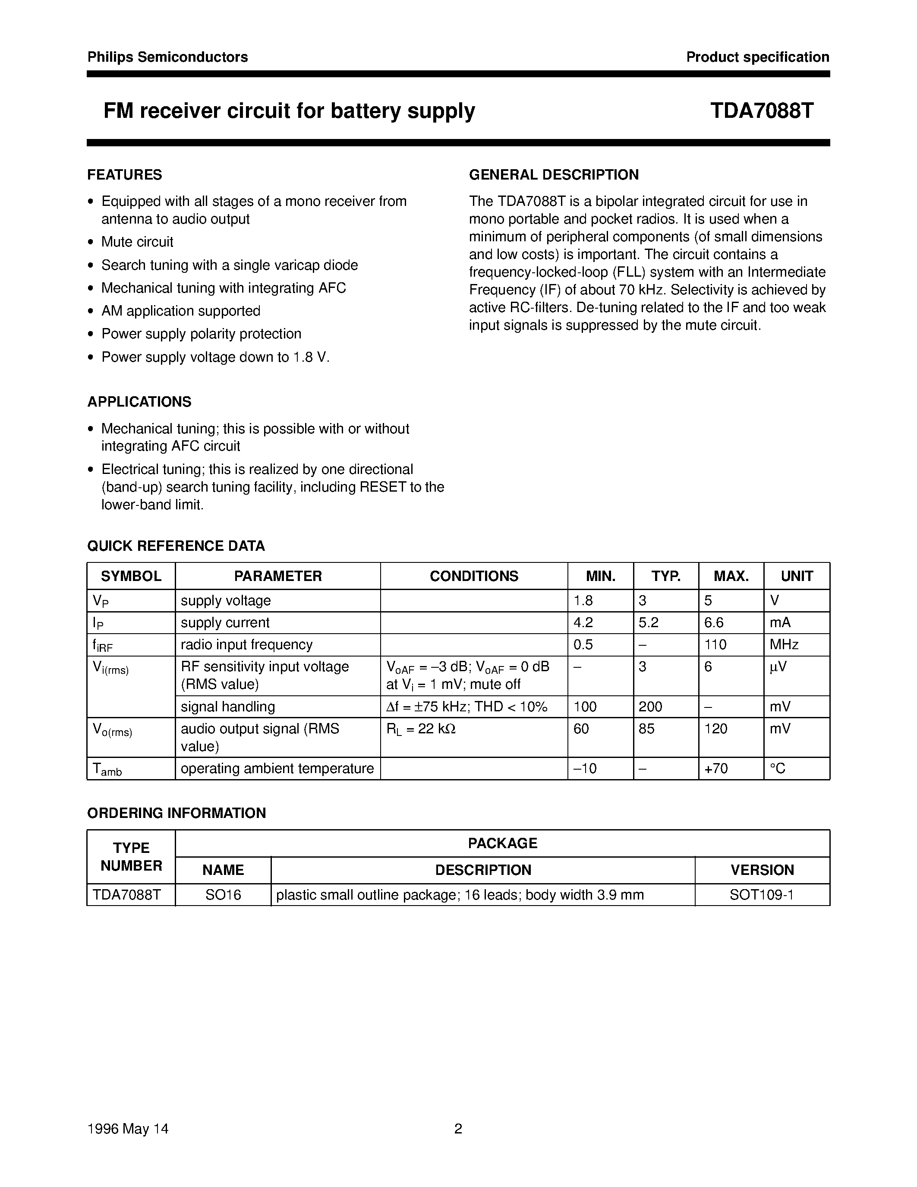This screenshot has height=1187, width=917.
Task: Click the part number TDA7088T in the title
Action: point(761,111)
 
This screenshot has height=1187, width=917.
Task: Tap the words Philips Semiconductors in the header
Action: point(167,57)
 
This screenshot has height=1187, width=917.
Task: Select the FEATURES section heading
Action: point(124,174)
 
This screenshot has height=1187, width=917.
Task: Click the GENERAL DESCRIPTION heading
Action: point(554,174)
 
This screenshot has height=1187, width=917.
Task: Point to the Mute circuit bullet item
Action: point(137,242)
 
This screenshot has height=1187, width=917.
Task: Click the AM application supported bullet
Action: point(180,311)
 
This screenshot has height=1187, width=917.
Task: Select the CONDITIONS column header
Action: point(474,576)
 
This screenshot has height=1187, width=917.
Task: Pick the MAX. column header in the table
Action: point(731,576)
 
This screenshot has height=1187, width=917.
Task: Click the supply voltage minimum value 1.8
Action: point(583,600)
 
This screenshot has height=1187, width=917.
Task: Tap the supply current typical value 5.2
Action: point(648,623)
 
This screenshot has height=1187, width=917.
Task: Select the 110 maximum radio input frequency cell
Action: point(715,644)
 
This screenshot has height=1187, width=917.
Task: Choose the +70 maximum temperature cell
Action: point(716,768)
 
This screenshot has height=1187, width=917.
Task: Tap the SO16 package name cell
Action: point(223,895)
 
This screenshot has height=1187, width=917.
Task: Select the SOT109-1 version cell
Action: point(762,895)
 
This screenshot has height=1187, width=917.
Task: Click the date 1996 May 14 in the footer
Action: point(128,1129)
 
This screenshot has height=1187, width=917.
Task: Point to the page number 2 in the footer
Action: point(458,1129)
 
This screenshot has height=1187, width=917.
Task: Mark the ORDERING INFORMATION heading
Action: point(176,813)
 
